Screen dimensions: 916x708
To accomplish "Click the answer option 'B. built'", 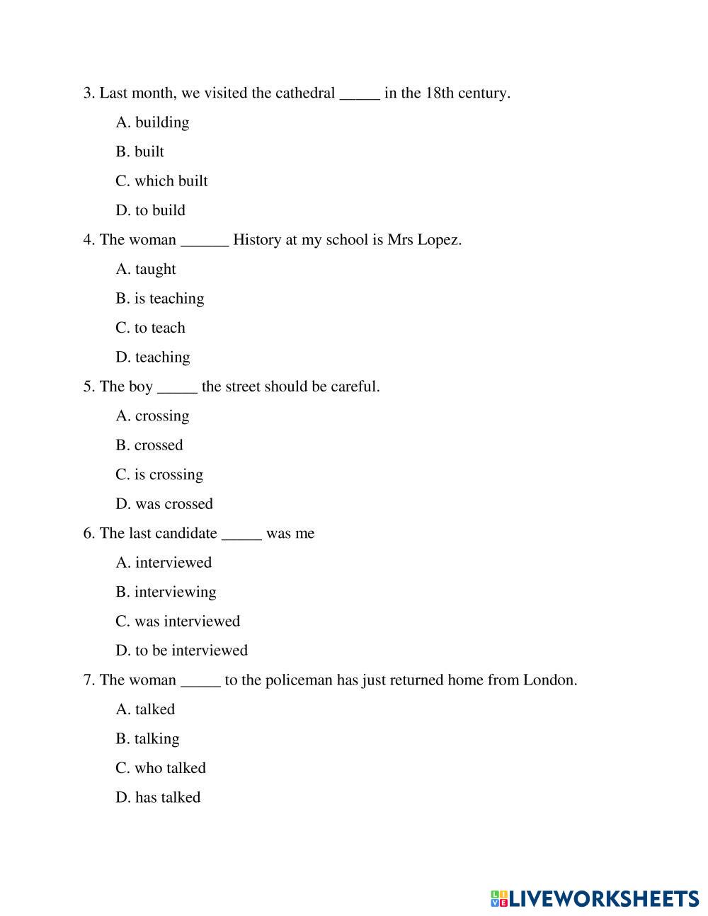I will (x=139, y=151).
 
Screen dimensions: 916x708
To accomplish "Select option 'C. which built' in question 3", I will (x=161, y=181).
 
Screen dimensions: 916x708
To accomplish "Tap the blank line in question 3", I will (x=360, y=96).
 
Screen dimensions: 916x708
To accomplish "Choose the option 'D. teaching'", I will (x=153, y=357).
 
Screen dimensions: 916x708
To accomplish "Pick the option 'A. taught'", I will (x=145, y=269).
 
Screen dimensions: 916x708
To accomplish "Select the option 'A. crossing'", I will (x=152, y=416).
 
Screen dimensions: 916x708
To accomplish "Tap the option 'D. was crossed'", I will (x=164, y=504).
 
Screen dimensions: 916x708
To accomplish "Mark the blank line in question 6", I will (x=241, y=536).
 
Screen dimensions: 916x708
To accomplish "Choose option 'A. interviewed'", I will (x=164, y=563).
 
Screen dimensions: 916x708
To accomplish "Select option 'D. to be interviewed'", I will (x=181, y=651).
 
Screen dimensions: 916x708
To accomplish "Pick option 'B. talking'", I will (x=147, y=739).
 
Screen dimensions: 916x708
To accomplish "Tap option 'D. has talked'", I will (x=158, y=798).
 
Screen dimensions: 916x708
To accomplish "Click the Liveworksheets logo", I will (x=595, y=898).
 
